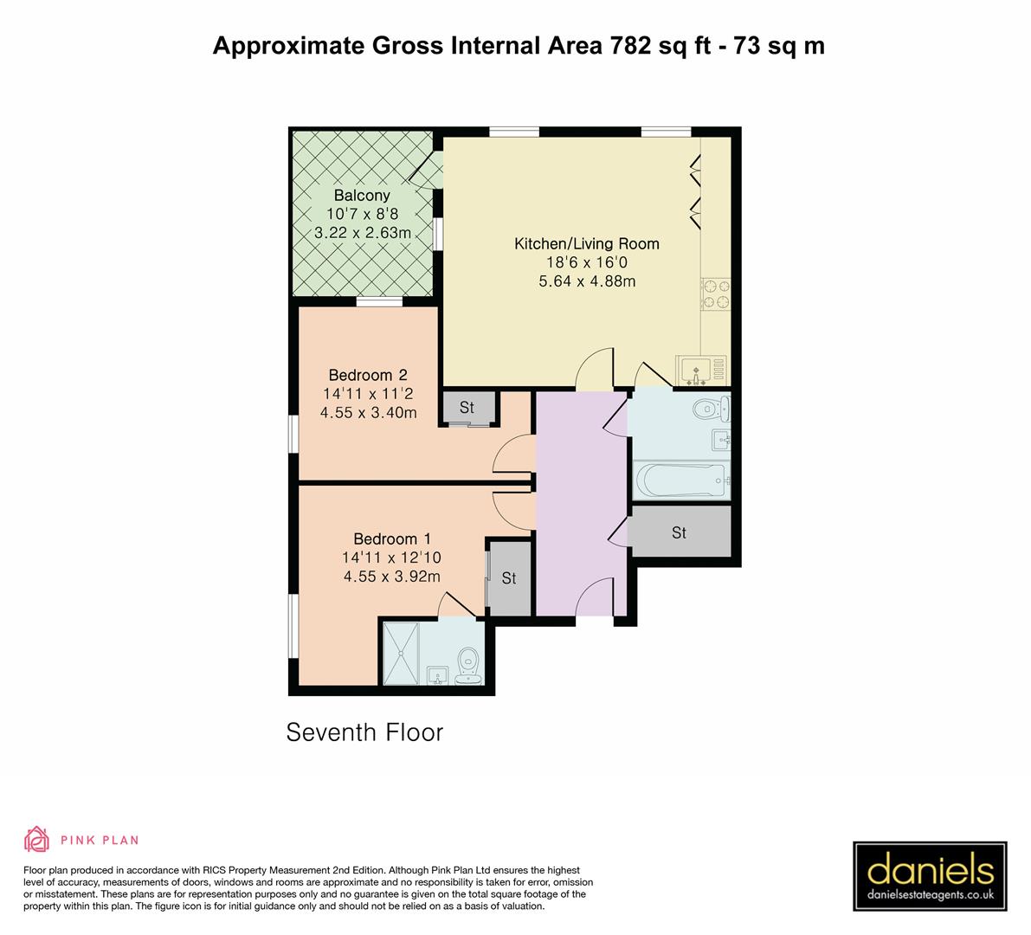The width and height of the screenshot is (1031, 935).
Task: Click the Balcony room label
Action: click(362, 196)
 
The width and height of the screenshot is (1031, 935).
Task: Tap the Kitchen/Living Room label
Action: click(587, 244)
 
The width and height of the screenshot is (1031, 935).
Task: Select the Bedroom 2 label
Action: click(368, 375)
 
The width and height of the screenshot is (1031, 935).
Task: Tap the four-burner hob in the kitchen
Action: click(715, 293)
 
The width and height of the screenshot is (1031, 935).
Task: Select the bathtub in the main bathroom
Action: click(680, 479)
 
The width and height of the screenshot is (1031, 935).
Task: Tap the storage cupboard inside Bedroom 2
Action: click(467, 407)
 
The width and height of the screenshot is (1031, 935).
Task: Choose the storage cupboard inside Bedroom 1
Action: click(509, 578)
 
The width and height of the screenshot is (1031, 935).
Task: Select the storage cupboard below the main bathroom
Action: click(680, 532)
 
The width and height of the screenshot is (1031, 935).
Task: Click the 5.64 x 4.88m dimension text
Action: click(587, 281)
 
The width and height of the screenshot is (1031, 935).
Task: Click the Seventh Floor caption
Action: click(364, 732)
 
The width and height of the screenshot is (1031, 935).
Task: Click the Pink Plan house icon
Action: click(36, 839)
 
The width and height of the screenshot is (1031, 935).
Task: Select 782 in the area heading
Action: click(629, 45)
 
